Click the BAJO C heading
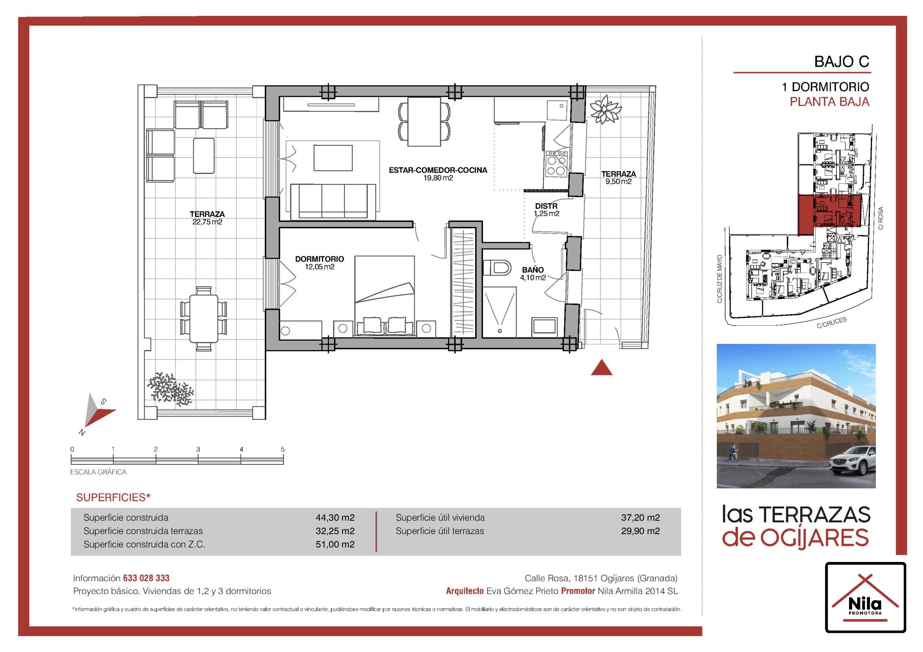[842, 62]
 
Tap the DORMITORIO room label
[319, 259]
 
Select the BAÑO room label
[533, 270]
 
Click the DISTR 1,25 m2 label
[546, 210]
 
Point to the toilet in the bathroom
[497, 268]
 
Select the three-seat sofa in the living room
[333, 202]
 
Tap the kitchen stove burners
[556, 164]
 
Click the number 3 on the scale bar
[198, 450]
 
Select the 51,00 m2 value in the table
[335, 544]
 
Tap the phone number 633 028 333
[146, 578]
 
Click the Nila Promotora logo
[866, 597]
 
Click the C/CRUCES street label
[831, 323]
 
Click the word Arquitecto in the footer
[465, 591]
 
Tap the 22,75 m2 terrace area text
[207, 222]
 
